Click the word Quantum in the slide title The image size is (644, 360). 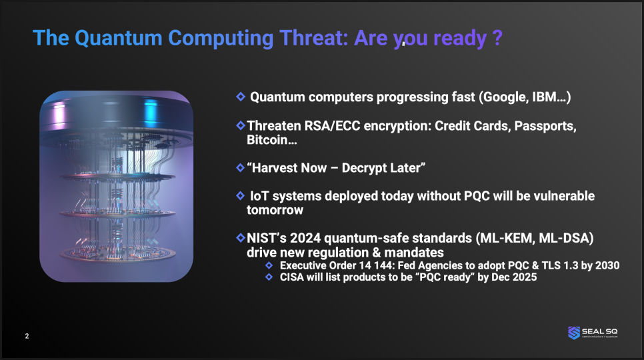click(118, 38)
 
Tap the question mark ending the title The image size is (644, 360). click(497, 38)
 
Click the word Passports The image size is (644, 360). click(545, 125)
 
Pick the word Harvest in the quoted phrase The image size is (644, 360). click(289, 168)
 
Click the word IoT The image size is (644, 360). click(259, 196)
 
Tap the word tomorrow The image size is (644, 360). click(275, 210)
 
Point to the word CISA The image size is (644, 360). click(291, 277)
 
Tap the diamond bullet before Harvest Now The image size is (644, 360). click(241, 167)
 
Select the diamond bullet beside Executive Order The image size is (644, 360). click(269, 265)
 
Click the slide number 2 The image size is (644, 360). click(27, 336)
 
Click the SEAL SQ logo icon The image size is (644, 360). click(574, 333)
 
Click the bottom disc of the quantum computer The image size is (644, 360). click(117, 253)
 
